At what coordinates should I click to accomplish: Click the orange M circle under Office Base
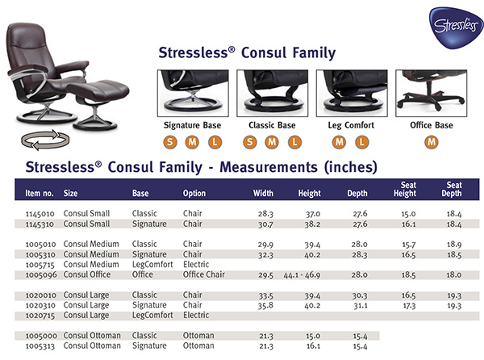tap(432, 143)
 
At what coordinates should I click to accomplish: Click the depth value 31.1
tap(359, 305)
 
